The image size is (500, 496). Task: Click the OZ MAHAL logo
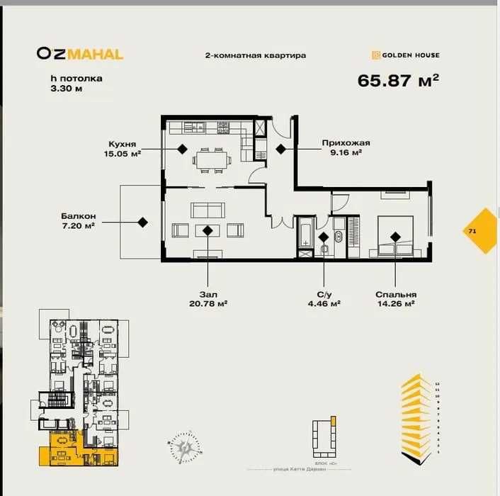[x=80, y=54]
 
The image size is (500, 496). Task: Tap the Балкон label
[x=78, y=216]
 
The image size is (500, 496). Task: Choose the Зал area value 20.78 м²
[x=208, y=303]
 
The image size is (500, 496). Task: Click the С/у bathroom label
[x=324, y=294]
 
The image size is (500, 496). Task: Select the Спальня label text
[x=396, y=294]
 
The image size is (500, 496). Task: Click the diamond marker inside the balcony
[x=142, y=222]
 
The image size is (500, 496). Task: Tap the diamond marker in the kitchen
[x=182, y=149]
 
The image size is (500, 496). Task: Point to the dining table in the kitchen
[x=212, y=160]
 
